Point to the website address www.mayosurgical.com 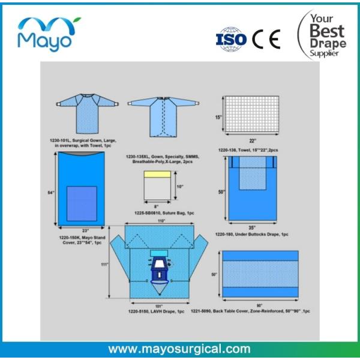point(179,348)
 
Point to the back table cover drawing point(261,272)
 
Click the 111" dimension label point(106,264)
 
